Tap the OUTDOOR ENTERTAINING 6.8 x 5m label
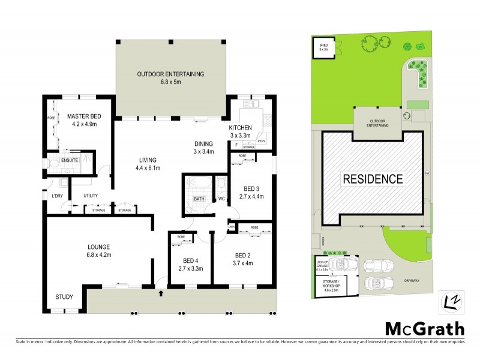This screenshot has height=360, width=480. coord(171,79)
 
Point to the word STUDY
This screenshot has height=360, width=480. coord(65,296)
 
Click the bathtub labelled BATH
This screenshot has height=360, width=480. coord(198,199)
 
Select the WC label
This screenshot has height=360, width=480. coord(221,199)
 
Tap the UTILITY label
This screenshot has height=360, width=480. coord(91,196)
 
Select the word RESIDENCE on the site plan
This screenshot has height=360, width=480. coord(373,179)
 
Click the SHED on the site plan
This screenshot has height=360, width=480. coord(323,47)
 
